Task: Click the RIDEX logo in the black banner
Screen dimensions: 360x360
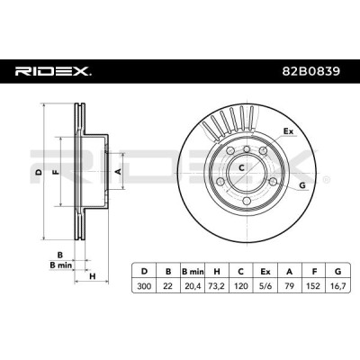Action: point(53,71)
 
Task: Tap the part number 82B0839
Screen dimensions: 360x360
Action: point(311,71)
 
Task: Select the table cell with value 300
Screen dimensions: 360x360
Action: point(144,286)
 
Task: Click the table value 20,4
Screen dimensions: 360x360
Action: point(193,286)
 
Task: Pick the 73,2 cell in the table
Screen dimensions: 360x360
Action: point(217,286)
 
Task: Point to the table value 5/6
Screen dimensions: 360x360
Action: point(265,286)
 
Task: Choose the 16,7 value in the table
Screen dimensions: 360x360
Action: point(338,286)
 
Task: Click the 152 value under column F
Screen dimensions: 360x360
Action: point(314,286)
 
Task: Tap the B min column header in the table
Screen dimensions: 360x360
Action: point(193,272)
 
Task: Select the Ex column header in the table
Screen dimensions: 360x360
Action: point(265,272)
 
